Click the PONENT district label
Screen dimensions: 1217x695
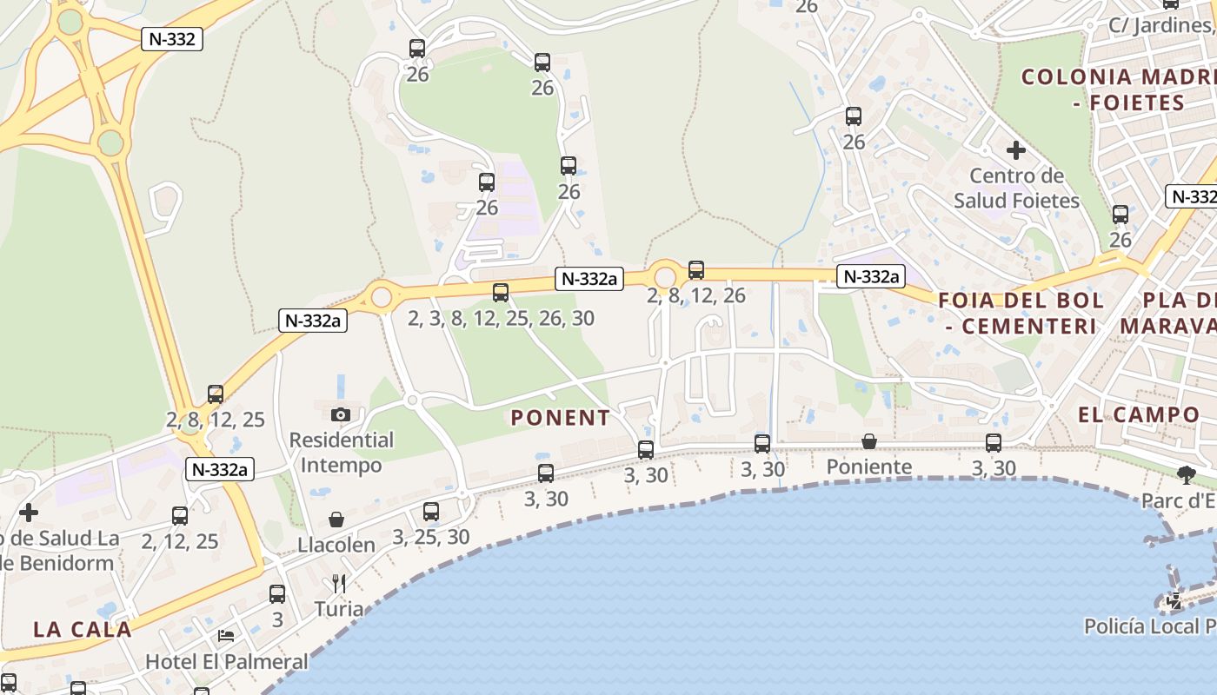click(560, 418)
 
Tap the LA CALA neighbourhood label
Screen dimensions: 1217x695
click(83, 629)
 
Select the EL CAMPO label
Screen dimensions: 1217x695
click(1139, 414)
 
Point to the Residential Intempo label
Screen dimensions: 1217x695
click(341, 452)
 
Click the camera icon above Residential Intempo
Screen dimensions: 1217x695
click(341, 414)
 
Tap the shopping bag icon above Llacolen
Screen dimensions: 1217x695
click(336, 520)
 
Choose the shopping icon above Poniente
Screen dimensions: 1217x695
click(868, 442)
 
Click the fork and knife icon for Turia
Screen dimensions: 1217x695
click(339, 583)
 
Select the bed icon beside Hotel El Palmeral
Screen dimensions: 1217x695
click(226, 636)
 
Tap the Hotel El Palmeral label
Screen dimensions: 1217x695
click(226, 661)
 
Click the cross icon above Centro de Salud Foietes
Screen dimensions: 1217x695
click(1015, 150)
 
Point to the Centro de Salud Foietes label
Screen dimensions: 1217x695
click(1016, 189)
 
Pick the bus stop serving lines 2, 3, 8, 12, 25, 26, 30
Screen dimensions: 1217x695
click(501, 293)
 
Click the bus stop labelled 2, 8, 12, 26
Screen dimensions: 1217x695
click(696, 270)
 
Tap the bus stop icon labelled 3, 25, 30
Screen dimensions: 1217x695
click(431, 512)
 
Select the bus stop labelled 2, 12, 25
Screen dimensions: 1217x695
click(180, 516)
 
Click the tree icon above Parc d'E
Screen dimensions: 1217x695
click(1184, 474)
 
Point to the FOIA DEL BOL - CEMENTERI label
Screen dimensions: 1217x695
click(1021, 314)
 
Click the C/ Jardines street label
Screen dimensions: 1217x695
click(1161, 25)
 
